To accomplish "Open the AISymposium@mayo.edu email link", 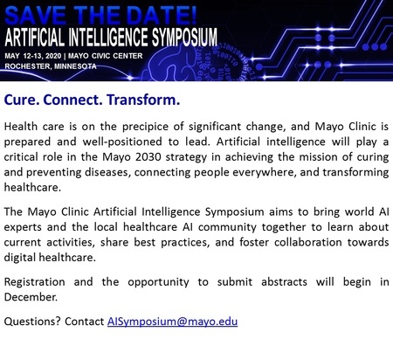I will (x=173, y=322).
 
